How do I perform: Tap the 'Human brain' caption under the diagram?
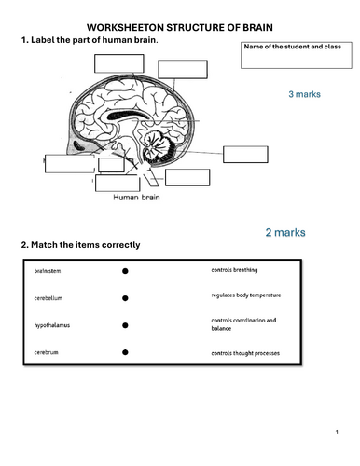[139, 198]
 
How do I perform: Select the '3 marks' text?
[304, 95]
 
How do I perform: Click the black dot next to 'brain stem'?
[125, 271]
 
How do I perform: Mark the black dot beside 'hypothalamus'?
[125, 326]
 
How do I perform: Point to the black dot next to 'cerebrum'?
[125, 354]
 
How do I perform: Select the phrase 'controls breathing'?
[236, 270]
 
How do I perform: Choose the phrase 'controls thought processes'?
[245, 353]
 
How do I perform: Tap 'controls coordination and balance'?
[242, 324]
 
